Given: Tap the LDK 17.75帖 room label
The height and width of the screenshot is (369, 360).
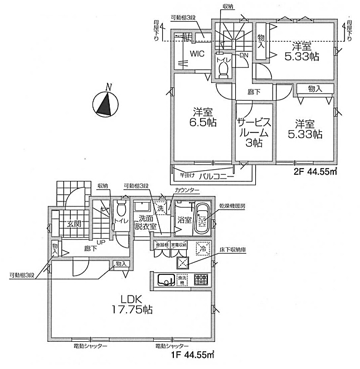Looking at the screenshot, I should (131, 304).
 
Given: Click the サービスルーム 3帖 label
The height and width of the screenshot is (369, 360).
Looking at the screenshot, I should (254, 133).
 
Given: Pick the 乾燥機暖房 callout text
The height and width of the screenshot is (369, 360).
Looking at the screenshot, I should (235, 206).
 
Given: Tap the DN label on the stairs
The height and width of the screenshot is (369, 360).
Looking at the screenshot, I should (244, 56).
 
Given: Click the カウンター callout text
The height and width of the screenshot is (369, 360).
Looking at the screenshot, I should (186, 190).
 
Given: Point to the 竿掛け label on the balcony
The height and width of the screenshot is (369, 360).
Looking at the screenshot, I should (187, 175).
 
